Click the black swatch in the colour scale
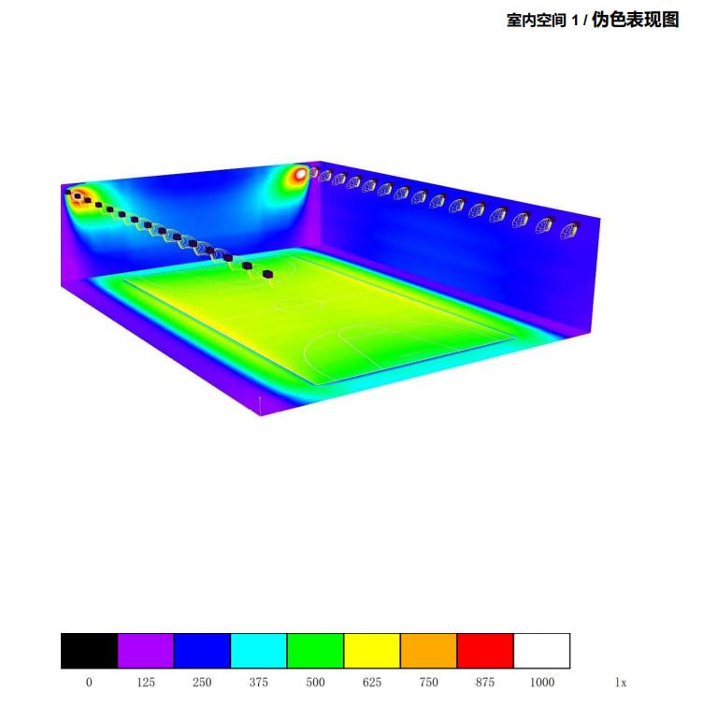(x=89, y=651)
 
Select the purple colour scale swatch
(x=146, y=651)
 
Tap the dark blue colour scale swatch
(x=202, y=651)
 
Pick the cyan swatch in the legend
(x=259, y=651)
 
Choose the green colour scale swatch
(x=315, y=651)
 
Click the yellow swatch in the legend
(x=372, y=651)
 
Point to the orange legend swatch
(x=428, y=651)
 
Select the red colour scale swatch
(x=485, y=651)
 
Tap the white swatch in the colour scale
(x=541, y=651)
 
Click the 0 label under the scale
(x=89, y=683)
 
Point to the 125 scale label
(x=146, y=683)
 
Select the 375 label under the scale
(x=259, y=683)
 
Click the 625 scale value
(x=372, y=683)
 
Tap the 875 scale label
(x=485, y=683)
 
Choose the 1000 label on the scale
(x=542, y=683)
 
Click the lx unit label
(x=621, y=683)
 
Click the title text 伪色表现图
(x=635, y=20)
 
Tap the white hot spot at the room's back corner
(x=299, y=173)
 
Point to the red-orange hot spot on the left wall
(x=79, y=196)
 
